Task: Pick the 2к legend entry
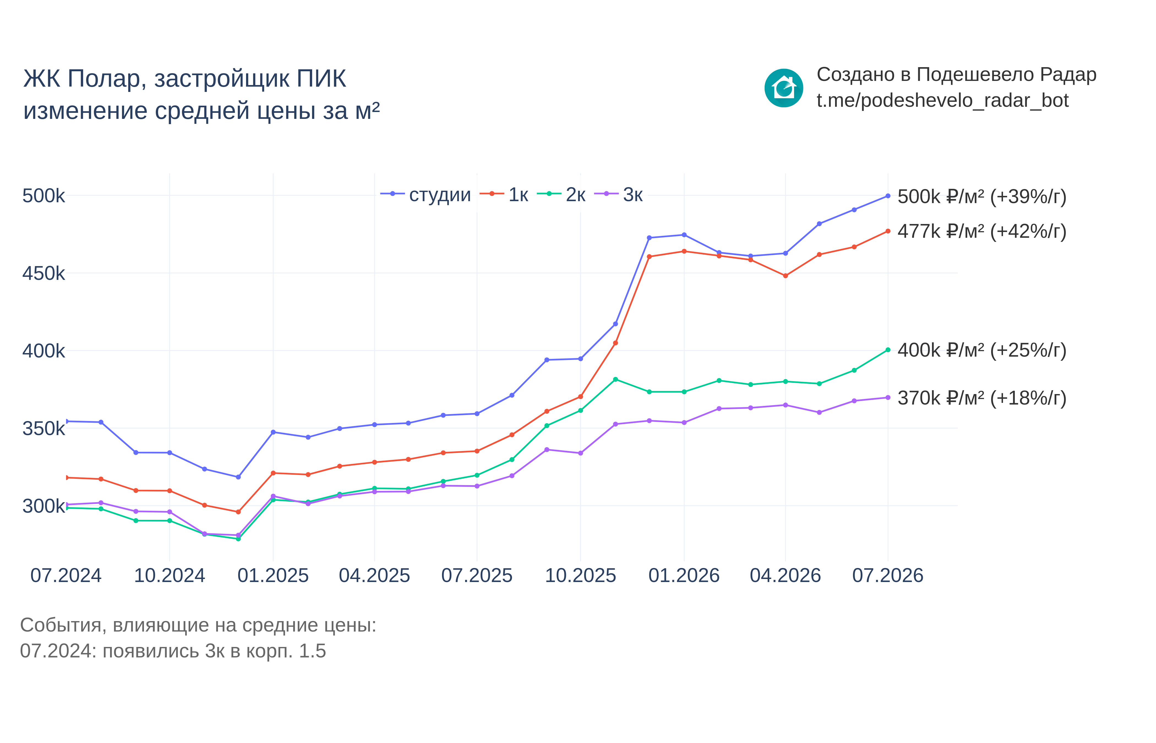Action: [x=561, y=195]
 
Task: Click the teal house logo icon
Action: [x=784, y=88]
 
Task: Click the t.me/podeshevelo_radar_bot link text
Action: [x=942, y=101]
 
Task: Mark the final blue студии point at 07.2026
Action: [x=888, y=196]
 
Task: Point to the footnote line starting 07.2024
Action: [x=173, y=651]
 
